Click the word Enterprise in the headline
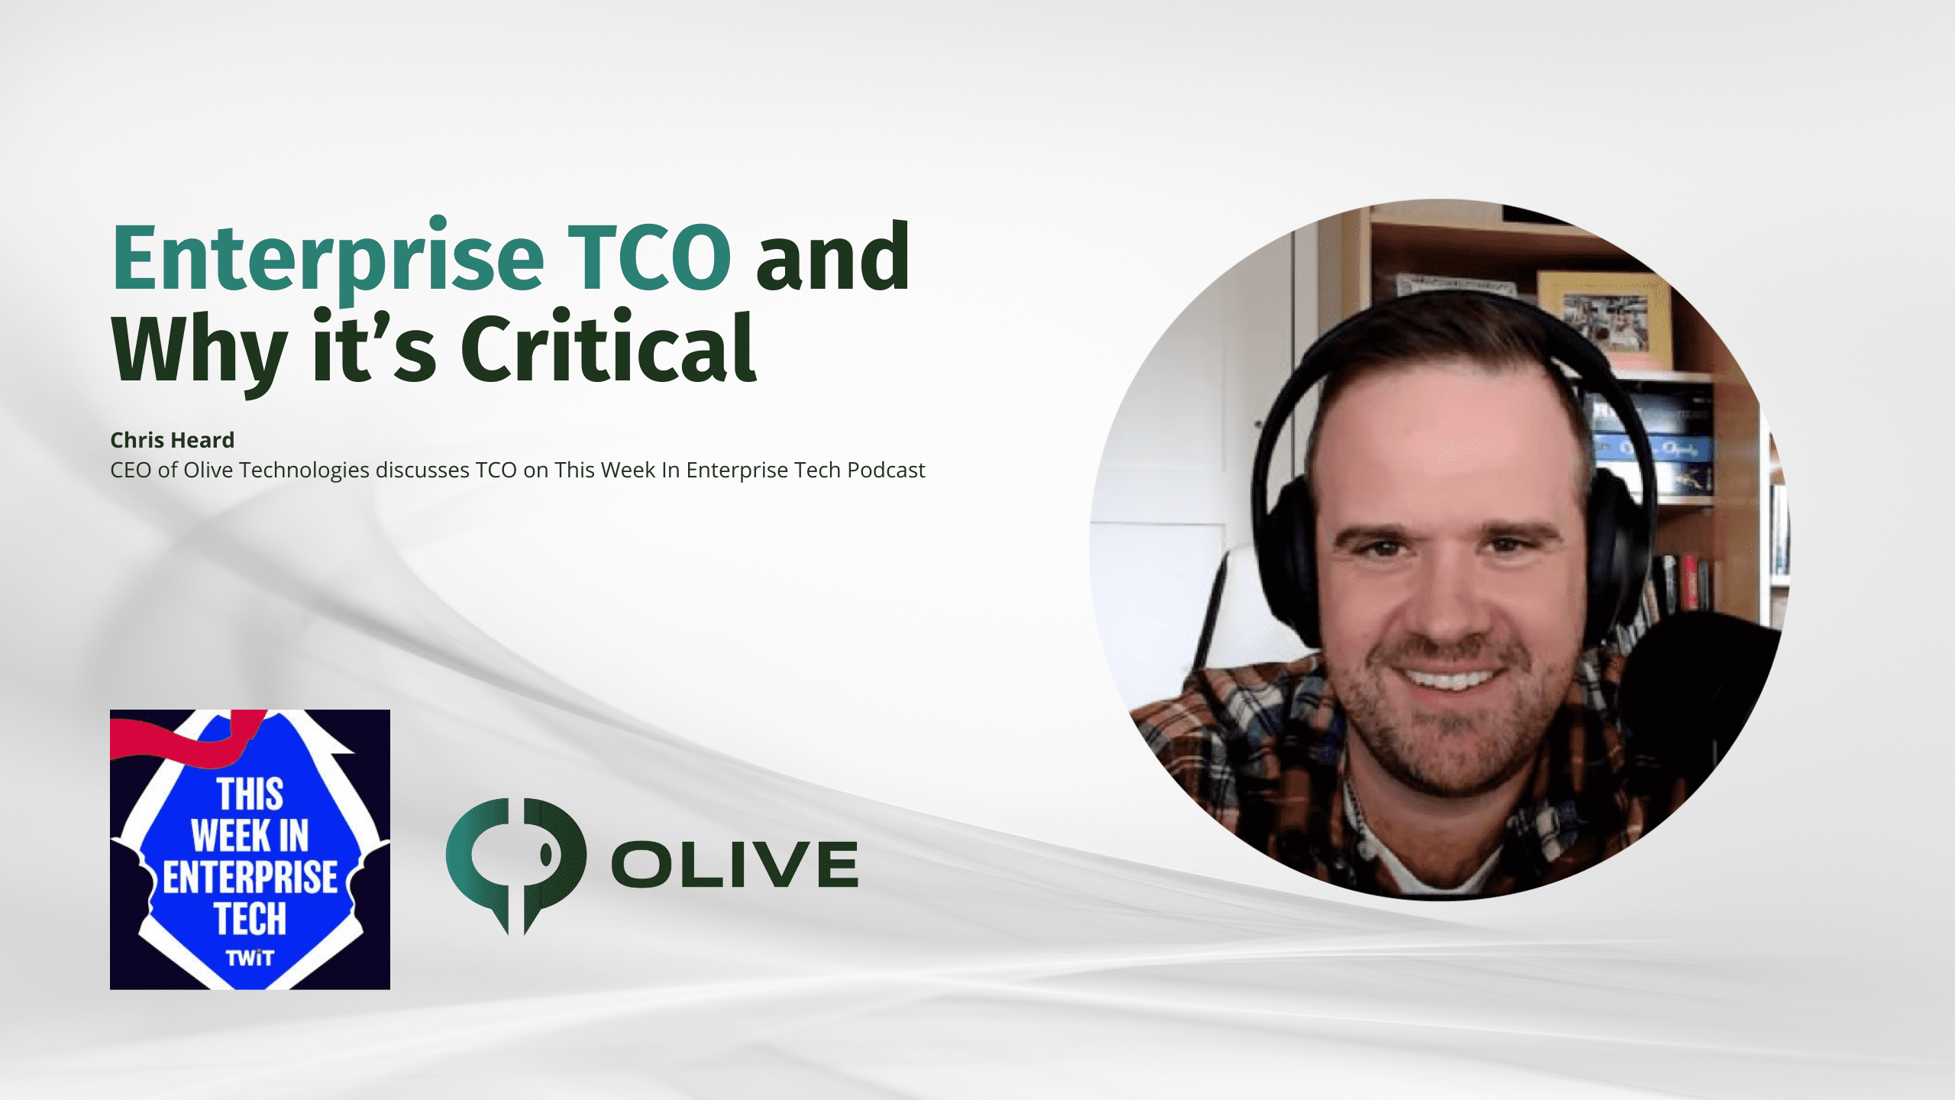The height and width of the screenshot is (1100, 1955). click(x=328, y=260)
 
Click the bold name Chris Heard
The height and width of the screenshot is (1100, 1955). click(x=172, y=440)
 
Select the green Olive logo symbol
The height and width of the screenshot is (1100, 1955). click(x=516, y=863)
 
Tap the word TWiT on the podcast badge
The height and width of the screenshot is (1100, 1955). click(x=250, y=958)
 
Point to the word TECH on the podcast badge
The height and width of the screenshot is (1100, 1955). click(x=250, y=918)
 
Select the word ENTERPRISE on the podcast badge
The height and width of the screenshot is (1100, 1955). click(x=250, y=877)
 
